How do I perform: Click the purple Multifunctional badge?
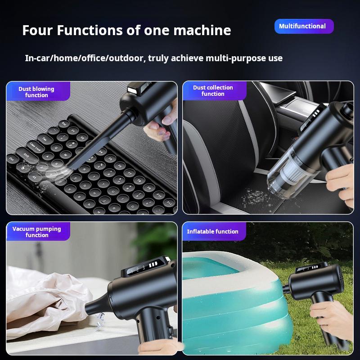[x=304, y=26]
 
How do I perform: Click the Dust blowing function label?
[x=37, y=92]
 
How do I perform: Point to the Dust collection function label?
[x=213, y=90]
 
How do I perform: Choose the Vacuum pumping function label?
[x=37, y=232]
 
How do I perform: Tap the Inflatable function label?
[x=213, y=231]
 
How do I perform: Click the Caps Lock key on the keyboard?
[x=35, y=145]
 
